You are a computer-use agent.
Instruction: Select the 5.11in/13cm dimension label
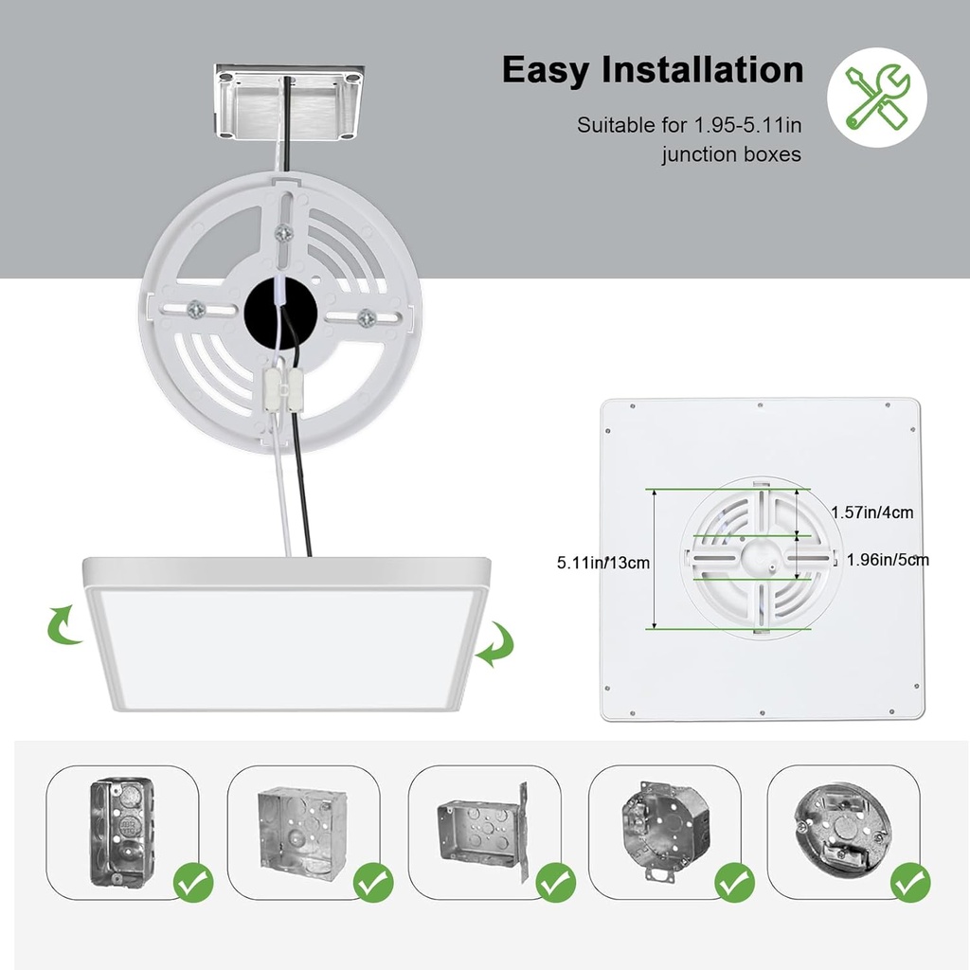click(x=602, y=562)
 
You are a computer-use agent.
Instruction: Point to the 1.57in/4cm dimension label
click(x=871, y=512)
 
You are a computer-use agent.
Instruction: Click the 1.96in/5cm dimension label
click(x=888, y=560)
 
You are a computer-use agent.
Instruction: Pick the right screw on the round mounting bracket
click(x=367, y=319)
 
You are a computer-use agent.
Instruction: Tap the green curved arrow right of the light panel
click(x=494, y=646)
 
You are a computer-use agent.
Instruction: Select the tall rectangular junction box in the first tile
click(x=123, y=832)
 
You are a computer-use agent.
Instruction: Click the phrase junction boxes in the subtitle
click(x=731, y=154)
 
